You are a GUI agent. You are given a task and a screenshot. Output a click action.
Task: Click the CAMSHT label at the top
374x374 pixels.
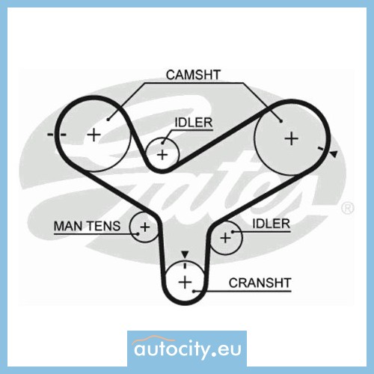[193, 75]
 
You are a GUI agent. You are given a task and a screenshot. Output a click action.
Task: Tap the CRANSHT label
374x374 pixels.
[260, 283]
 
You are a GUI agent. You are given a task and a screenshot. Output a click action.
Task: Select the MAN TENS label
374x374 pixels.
[87, 226]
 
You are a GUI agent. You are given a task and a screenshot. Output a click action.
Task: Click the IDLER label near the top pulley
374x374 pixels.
[194, 123]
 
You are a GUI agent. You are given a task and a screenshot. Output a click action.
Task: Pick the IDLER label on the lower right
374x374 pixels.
[272, 224]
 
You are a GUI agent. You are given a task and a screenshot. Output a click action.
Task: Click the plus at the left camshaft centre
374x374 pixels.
[94, 135]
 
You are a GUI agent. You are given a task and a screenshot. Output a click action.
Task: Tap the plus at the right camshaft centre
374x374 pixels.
[292, 138]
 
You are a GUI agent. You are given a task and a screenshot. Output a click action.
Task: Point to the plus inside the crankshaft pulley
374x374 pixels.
[186, 283]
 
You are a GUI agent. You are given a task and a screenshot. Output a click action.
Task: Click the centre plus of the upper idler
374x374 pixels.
[162, 155]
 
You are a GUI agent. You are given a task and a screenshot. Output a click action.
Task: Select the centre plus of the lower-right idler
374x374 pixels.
[225, 238]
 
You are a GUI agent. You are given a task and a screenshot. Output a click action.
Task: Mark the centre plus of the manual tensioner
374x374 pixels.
[145, 227]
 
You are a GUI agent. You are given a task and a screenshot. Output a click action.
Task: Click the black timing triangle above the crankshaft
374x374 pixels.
[185, 254]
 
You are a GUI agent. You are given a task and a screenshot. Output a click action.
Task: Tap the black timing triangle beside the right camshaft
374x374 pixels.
[334, 154]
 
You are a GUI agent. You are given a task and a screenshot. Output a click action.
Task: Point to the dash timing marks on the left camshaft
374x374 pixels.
[57, 135]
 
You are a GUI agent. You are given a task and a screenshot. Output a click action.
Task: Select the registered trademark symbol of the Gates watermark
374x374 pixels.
[348, 209]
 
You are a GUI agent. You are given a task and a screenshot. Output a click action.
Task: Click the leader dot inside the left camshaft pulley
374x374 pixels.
[108, 120]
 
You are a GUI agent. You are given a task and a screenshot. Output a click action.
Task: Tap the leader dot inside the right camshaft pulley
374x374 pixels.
[281, 121]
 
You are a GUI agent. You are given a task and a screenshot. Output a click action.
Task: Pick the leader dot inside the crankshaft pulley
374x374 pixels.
[194, 291]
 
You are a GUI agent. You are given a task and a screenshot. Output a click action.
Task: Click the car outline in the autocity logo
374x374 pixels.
[150, 339]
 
